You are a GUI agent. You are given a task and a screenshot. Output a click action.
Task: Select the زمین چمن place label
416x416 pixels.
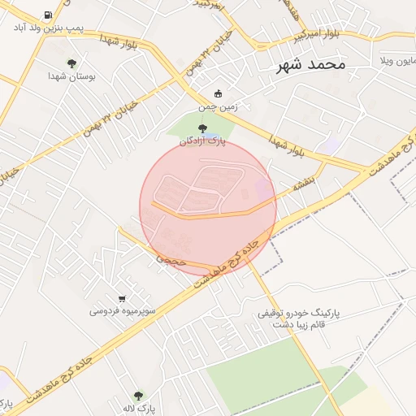click(x=217, y=106)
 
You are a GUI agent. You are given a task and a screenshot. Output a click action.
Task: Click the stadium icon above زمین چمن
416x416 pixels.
click(x=217, y=93)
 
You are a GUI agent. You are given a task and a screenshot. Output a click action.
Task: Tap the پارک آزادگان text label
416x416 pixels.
click(x=202, y=141)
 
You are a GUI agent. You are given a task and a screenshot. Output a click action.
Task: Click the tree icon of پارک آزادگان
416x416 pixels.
click(x=202, y=128)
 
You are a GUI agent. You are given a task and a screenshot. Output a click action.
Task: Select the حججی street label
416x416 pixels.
click(x=171, y=261)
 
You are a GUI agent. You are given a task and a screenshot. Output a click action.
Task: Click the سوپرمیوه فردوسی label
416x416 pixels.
click(x=121, y=311)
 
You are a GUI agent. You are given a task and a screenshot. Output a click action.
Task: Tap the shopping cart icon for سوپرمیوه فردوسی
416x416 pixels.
click(x=122, y=298)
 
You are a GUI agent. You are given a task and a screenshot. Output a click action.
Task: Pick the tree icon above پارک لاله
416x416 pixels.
click(x=138, y=396)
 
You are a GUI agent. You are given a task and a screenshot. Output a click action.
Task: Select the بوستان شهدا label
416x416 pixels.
click(x=72, y=76)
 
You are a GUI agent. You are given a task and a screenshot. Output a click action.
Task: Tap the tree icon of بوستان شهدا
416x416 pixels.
click(x=72, y=63)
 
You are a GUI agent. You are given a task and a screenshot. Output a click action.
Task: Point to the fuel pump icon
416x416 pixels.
click(x=49, y=15)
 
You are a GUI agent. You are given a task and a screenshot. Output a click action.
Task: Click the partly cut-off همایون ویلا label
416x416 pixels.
click(x=397, y=61)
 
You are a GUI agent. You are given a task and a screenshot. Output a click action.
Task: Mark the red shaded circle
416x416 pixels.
click(x=208, y=206)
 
